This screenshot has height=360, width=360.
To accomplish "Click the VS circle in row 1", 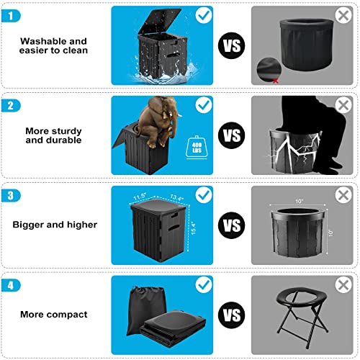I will click(x=231, y=46).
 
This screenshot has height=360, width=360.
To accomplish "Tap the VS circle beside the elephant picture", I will click(x=231, y=135).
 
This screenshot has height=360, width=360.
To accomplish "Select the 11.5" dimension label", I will click(x=140, y=194).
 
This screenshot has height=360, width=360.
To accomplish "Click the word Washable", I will click(x=40, y=41).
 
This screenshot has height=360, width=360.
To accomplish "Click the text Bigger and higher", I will click(x=54, y=225).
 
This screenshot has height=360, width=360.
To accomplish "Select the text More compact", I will click(x=54, y=315).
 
